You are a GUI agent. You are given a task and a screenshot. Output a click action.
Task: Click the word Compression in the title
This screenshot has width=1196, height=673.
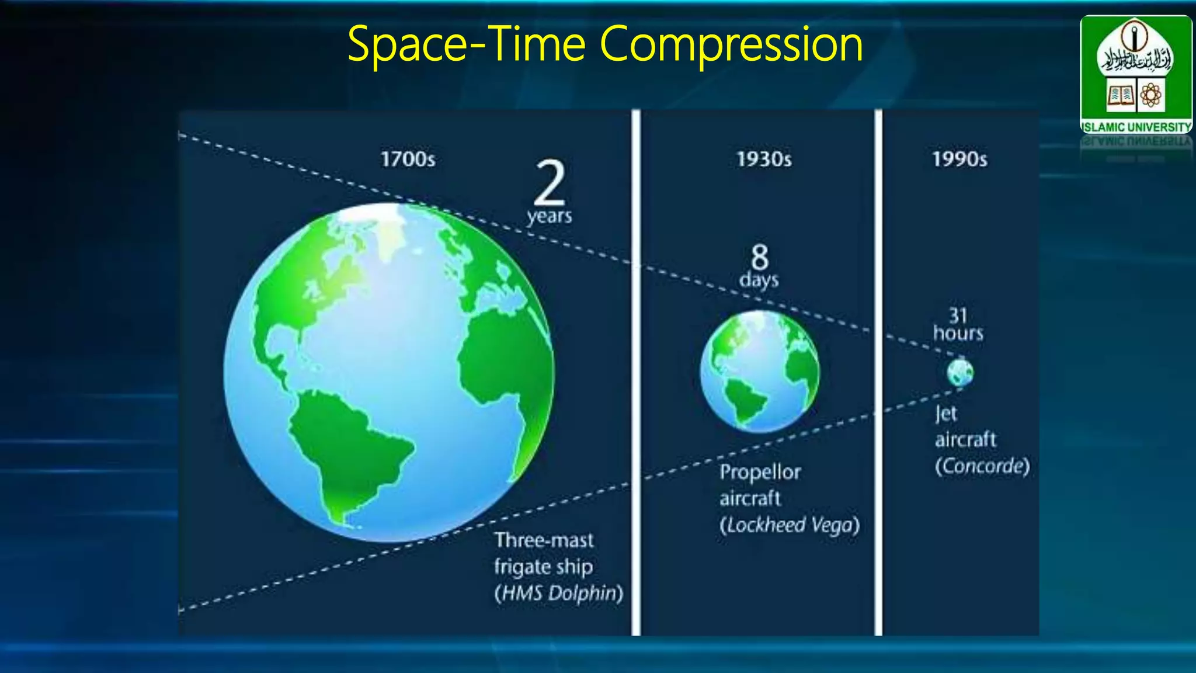point(731,44)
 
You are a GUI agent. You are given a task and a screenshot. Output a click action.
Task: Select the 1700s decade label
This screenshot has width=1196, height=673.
point(408,159)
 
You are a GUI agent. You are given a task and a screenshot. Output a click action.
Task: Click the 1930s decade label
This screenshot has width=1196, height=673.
point(764,159)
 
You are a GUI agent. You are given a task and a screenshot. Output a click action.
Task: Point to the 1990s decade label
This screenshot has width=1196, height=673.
point(959,159)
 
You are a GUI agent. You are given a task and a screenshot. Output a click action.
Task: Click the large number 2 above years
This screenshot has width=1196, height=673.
point(550,182)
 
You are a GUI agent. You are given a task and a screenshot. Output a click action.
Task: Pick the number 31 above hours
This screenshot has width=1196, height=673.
point(958,315)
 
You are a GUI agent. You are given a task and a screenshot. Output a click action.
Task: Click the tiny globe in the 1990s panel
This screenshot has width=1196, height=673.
point(960,372)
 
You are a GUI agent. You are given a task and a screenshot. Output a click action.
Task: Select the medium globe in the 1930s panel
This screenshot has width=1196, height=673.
point(759,372)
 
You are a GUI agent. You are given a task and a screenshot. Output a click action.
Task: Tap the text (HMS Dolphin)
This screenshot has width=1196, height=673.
point(558,593)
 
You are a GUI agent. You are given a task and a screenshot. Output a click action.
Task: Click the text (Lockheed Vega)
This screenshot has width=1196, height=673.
point(790,525)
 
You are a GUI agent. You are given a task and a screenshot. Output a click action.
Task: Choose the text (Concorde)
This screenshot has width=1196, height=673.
point(982,466)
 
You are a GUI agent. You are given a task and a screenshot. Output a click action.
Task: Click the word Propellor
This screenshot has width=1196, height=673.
point(760,472)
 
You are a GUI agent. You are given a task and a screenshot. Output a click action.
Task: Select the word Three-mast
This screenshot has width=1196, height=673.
point(544,540)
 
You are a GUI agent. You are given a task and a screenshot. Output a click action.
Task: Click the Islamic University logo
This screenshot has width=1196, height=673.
point(1135,73)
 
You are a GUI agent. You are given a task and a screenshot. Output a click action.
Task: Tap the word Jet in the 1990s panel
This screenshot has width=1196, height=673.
point(945,414)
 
